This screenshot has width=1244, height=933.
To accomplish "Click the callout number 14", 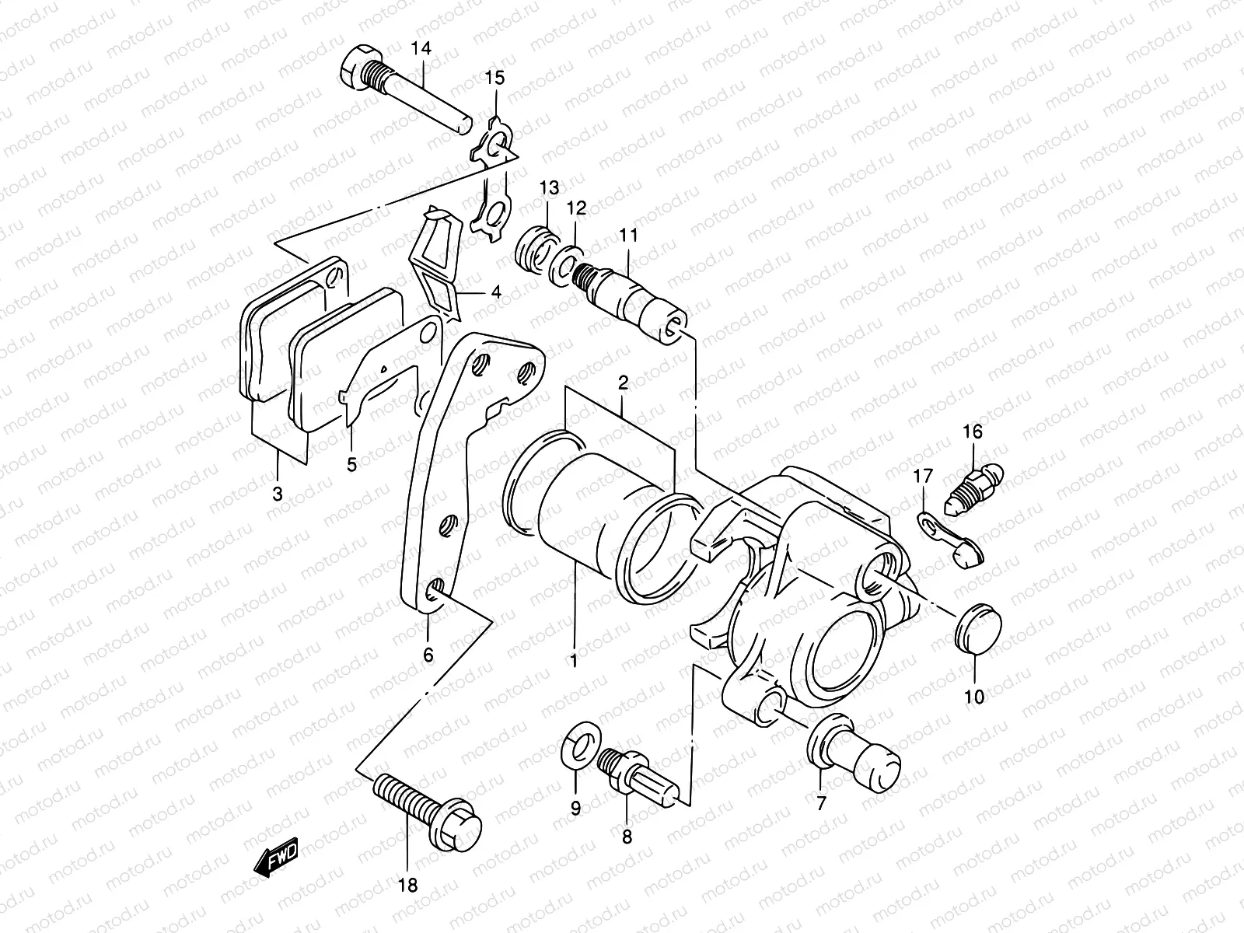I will (x=421, y=49).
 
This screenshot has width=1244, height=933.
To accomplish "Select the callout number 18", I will (x=407, y=885).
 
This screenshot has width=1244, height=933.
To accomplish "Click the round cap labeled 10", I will (x=978, y=629).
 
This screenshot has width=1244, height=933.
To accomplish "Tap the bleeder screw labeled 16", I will (x=977, y=483).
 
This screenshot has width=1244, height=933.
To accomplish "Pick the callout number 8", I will (x=627, y=837).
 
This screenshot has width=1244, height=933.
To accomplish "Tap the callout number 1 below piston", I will (x=574, y=661).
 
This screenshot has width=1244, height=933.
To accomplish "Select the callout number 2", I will (x=623, y=382).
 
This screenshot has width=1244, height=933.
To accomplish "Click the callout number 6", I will (x=428, y=655).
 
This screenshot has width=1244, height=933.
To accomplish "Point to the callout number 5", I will (x=351, y=464).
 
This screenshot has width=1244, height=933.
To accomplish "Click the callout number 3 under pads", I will (x=278, y=493).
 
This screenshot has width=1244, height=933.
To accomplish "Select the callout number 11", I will (x=628, y=234).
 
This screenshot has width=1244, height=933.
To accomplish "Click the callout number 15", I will (x=495, y=77).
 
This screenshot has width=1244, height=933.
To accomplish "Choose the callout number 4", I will (x=496, y=293).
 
